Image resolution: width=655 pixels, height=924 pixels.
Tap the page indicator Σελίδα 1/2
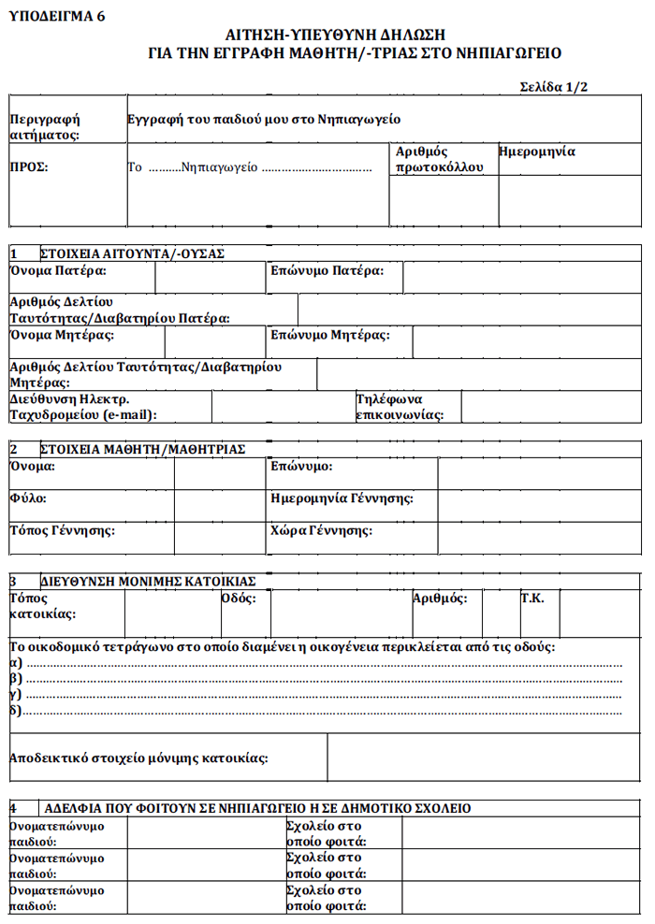pyautogui.click(x=554, y=87)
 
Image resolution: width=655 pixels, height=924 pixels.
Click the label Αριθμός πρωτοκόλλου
pyautogui.click(x=439, y=159)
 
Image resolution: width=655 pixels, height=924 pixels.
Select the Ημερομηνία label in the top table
pyautogui.click(x=537, y=151)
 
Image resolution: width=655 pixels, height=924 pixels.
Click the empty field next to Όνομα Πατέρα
pyautogui.click(x=211, y=278)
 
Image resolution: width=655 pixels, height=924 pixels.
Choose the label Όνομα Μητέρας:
pyautogui.click(x=62, y=335)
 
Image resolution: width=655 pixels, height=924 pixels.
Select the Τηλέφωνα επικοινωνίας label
pyautogui.click(x=400, y=406)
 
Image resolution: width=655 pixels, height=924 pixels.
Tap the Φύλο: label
pyautogui.click(x=28, y=498)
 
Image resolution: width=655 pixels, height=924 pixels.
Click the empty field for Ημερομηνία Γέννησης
pyautogui.click(x=539, y=500)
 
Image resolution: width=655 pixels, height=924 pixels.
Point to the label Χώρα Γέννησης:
pyautogui.click(x=321, y=531)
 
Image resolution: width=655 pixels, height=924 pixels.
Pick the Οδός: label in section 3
pyautogui.click(x=239, y=599)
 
